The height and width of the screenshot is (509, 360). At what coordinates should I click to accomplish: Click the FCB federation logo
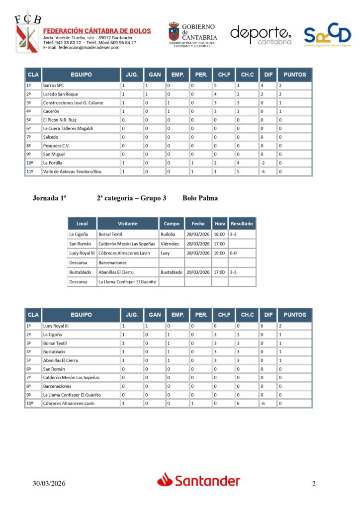pos(26,35)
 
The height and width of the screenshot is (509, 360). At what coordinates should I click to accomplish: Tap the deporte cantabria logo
pos(261,35)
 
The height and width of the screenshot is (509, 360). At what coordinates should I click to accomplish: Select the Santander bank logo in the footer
pos(199,480)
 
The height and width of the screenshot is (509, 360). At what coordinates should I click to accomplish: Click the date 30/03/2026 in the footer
pos(49,483)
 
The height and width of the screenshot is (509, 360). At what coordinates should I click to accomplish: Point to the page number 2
pos(314,484)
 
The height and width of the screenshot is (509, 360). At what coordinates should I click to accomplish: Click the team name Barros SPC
pos(54,85)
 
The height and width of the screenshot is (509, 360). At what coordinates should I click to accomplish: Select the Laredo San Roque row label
pos(61,94)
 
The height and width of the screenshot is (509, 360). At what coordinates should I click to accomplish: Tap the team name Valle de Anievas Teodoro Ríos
pos(72,171)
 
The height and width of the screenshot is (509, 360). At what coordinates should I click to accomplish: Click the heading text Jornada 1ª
pos(49,198)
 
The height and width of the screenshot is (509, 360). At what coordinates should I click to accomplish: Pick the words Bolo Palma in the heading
pos(200,198)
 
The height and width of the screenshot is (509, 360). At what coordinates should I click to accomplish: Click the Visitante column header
pos(128,224)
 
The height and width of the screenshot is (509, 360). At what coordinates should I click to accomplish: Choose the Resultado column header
pos(242,224)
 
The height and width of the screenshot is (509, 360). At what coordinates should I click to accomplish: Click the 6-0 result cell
pos(234,253)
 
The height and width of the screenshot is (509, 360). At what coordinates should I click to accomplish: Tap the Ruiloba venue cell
pos(168,234)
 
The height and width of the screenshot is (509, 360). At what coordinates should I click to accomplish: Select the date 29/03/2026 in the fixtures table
pos(198,272)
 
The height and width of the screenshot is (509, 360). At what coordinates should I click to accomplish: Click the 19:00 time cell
pos(219,253)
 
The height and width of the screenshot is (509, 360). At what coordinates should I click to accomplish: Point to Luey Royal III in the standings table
pos(56,326)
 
